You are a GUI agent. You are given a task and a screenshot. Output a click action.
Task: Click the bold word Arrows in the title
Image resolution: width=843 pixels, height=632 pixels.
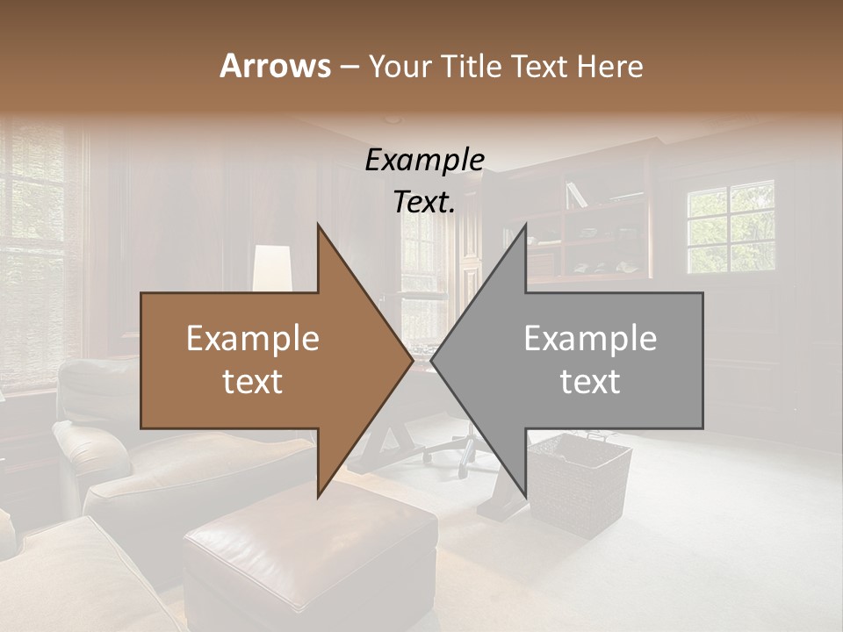(275, 66)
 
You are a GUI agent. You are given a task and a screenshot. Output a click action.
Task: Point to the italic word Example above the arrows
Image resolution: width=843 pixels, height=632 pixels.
(424, 161)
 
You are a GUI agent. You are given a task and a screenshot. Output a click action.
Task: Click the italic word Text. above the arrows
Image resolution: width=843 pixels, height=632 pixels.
(424, 202)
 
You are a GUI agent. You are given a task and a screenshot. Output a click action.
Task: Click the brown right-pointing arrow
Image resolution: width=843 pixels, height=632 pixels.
(263, 361)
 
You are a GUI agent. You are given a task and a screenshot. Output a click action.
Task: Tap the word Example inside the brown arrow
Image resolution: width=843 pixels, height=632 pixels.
(253, 339)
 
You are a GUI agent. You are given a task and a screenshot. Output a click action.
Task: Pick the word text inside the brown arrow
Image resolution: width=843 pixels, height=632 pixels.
(253, 382)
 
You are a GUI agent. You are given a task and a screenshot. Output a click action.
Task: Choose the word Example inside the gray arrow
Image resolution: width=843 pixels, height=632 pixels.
(590, 339)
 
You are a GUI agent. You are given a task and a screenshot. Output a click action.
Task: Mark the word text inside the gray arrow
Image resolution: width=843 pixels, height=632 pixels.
(590, 382)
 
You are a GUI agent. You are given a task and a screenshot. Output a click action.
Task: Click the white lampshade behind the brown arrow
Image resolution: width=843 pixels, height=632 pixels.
(272, 267)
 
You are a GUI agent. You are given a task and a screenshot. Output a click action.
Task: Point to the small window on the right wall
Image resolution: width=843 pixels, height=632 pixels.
(731, 226)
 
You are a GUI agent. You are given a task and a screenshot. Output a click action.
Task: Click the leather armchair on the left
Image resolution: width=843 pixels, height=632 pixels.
(97, 439)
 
